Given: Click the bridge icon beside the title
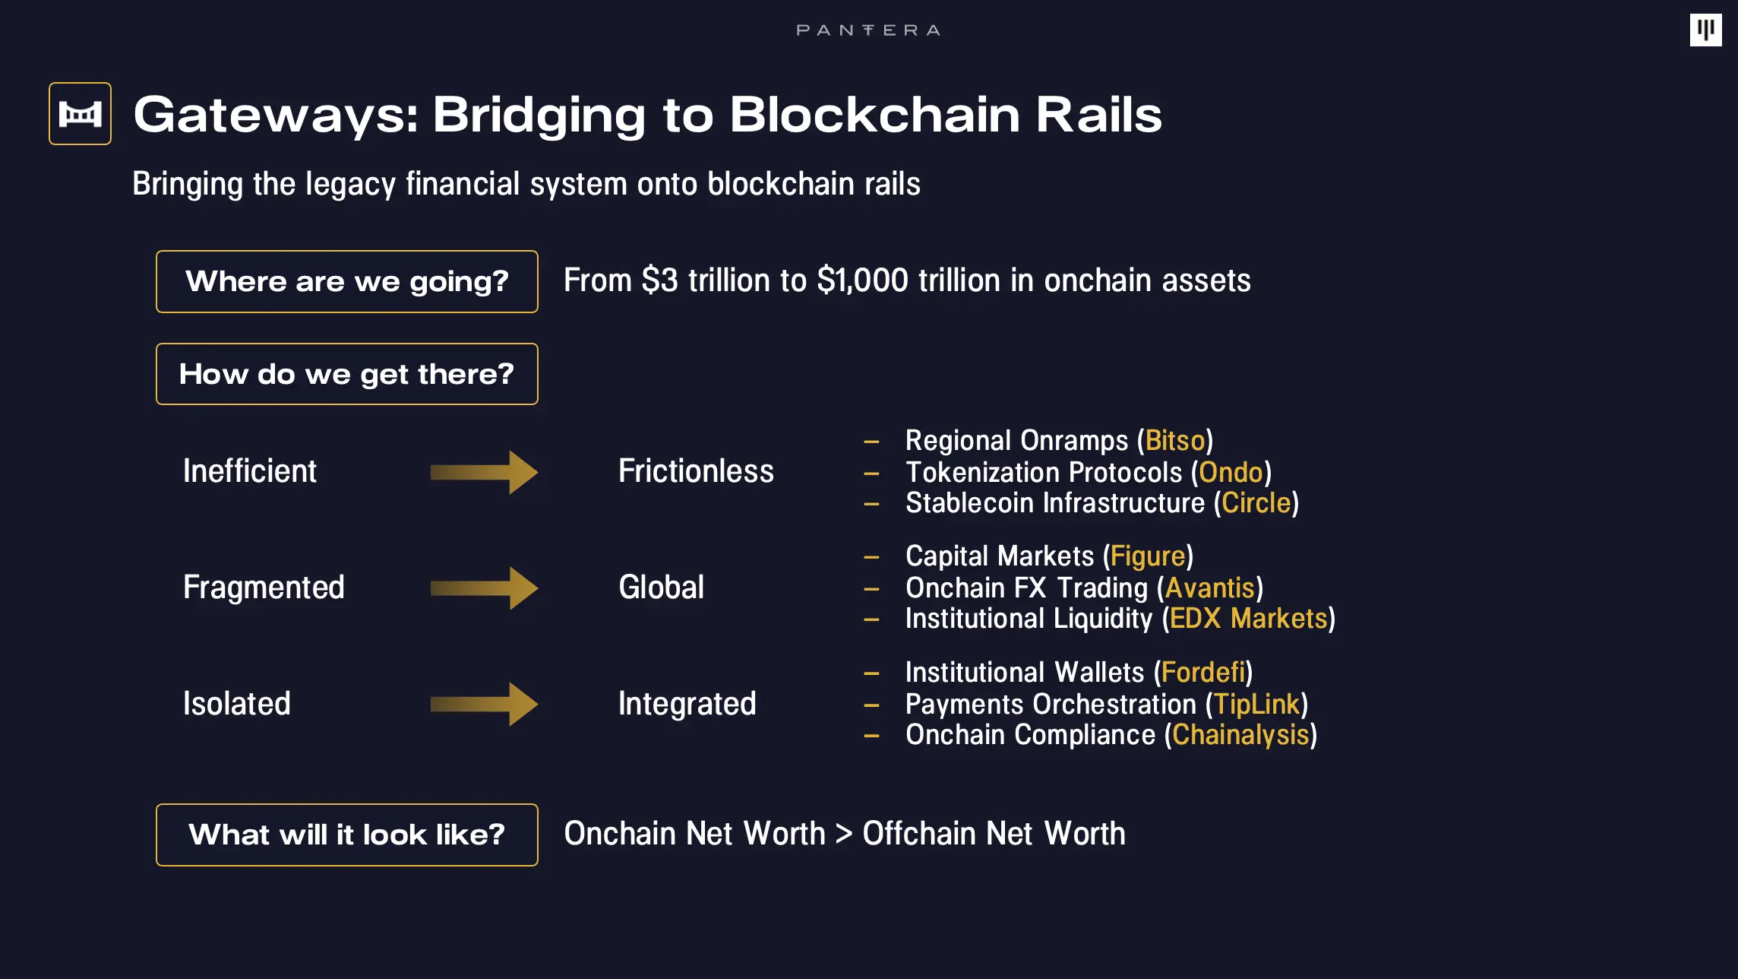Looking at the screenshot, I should (80, 114).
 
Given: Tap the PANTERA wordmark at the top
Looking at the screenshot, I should (868, 30).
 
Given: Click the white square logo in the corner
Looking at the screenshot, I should (1705, 30).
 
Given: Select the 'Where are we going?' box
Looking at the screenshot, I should (347, 281).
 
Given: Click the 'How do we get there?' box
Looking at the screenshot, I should (347, 374).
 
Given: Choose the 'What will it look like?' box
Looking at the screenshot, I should (347, 835).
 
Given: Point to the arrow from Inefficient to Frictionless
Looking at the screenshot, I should (484, 472).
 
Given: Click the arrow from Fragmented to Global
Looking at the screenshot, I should (484, 588).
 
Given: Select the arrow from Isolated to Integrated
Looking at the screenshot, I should (484, 704).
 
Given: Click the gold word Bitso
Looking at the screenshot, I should (1175, 441).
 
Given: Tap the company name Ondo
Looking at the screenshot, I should (1231, 473).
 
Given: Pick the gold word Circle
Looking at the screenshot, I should (1256, 503).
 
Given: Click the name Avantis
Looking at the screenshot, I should (1210, 588).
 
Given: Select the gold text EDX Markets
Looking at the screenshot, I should (1248, 619).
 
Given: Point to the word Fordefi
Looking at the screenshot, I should (1203, 673).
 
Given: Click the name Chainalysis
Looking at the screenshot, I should (1240, 735).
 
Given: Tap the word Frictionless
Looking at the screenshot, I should (696, 471).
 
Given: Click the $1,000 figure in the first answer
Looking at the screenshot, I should (862, 280).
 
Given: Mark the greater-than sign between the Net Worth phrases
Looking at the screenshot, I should (844, 834).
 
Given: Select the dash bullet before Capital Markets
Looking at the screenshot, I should (871, 557).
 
